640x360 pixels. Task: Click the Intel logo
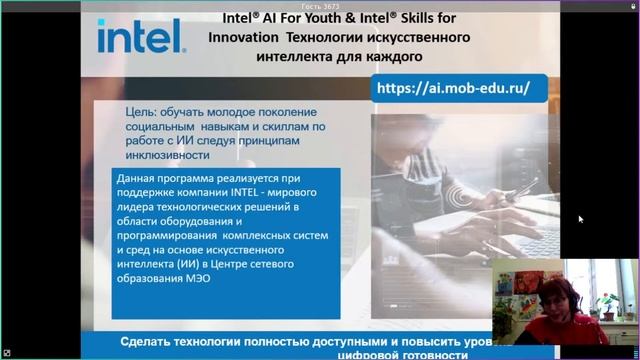[140, 37]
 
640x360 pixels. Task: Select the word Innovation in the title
[243, 38]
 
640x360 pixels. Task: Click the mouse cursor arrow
[580, 218]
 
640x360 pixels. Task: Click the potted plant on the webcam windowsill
[606, 305]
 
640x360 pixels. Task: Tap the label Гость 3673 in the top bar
[318, 5]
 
